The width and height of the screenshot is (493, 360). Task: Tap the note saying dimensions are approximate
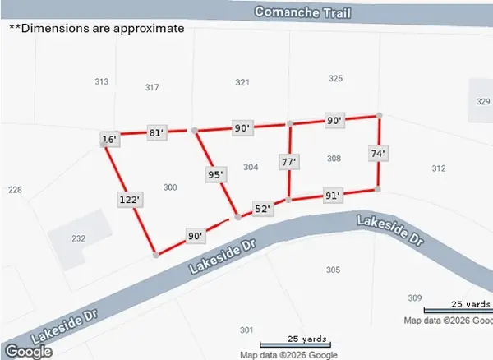(x=96, y=27)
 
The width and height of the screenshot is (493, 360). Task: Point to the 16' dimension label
(x=109, y=140)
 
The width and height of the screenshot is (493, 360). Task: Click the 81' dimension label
(x=157, y=132)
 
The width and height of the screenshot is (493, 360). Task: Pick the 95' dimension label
(x=216, y=174)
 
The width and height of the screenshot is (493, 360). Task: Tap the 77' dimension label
(x=288, y=162)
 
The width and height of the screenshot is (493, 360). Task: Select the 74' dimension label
(x=377, y=153)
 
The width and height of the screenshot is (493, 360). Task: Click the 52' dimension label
(x=262, y=210)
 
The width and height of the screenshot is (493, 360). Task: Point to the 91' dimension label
(x=332, y=196)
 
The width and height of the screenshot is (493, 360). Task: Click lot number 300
(x=170, y=187)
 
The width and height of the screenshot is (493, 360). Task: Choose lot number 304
(x=251, y=167)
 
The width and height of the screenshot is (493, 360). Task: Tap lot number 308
(x=334, y=158)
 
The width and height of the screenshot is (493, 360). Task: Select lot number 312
(x=438, y=168)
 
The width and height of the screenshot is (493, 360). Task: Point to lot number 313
(x=102, y=81)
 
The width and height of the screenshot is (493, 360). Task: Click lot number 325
(x=335, y=79)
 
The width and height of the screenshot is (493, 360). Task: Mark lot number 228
(x=15, y=190)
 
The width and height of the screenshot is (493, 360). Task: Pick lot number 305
(x=333, y=270)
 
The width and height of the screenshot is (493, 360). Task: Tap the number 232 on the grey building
(x=78, y=238)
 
